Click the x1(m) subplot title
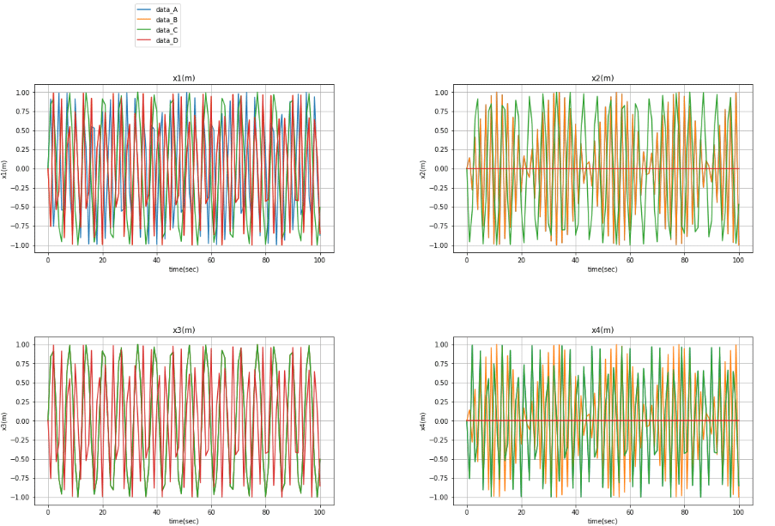[184, 78]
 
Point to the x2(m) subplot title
[602, 78]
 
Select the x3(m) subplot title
[184, 330]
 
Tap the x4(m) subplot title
[602, 330]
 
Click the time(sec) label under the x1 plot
[184, 269]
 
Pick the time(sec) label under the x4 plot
[602, 522]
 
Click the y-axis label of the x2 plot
[422, 169]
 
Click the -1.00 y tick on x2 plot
[439, 245]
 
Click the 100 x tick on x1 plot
[319, 260]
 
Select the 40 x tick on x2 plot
[575, 260]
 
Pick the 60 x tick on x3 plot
[211, 512]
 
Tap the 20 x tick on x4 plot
[521, 512]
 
